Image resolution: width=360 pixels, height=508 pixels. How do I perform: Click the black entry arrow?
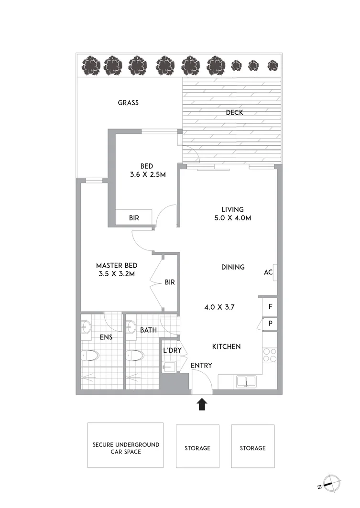pyautogui.click(x=202, y=405)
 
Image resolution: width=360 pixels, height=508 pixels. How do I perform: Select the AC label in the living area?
pyautogui.click(x=268, y=272)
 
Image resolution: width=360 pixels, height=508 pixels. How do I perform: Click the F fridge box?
pyautogui.click(x=270, y=306)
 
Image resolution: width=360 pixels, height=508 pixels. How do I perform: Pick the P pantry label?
pyautogui.click(x=270, y=324)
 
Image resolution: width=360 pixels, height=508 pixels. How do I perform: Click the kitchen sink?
pyautogui.click(x=246, y=381)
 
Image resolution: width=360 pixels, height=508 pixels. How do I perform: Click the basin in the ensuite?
pyautogui.click(x=86, y=327)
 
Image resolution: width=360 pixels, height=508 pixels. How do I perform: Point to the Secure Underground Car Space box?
pyautogui.click(x=126, y=448)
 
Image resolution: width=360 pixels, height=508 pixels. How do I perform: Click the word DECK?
pyautogui.click(x=234, y=113)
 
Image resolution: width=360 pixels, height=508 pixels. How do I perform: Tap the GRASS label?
pyautogui.click(x=128, y=102)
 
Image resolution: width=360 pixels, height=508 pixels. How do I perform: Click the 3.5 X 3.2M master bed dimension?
pyautogui.click(x=117, y=274)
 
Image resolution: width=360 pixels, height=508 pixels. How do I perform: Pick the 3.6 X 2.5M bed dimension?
pyautogui.click(x=147, y=175)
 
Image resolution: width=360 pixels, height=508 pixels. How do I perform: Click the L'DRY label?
pyautogui.click(x=172, y=350)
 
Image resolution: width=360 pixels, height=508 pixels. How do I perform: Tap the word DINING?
pyautogui.click(x=233, y=267)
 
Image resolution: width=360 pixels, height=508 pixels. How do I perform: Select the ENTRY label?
pyautogui.click(x=201, y=366)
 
